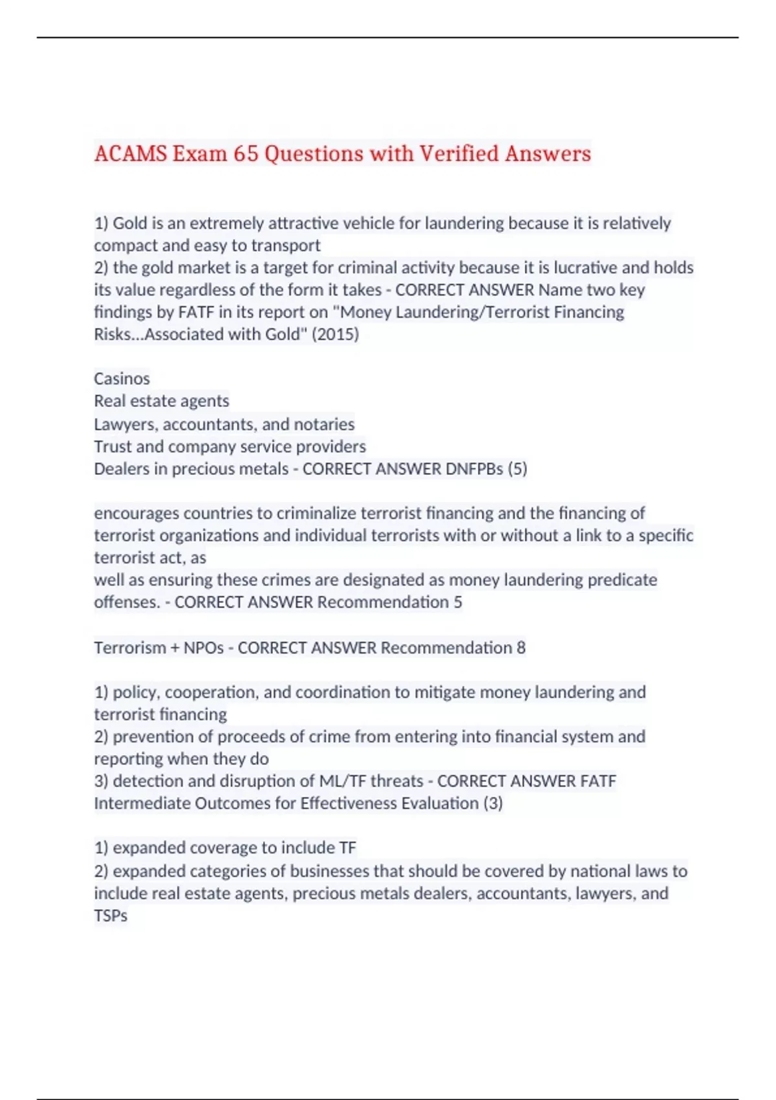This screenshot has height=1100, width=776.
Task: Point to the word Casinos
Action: pyautogui.click(x=122, y=379)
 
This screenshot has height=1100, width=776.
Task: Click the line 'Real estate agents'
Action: pyautogui.click(x=162, y=401)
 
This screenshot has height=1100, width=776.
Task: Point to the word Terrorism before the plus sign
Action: pyautogui.click(x=130, y=648)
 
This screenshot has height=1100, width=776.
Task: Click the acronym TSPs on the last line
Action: pyautogui.click(x=111, y=916)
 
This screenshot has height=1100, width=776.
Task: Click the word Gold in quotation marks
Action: pyautogui.click(x=282, y=335)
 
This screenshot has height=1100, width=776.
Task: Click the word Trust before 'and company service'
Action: pyautogui.click(x=113, y=446)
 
